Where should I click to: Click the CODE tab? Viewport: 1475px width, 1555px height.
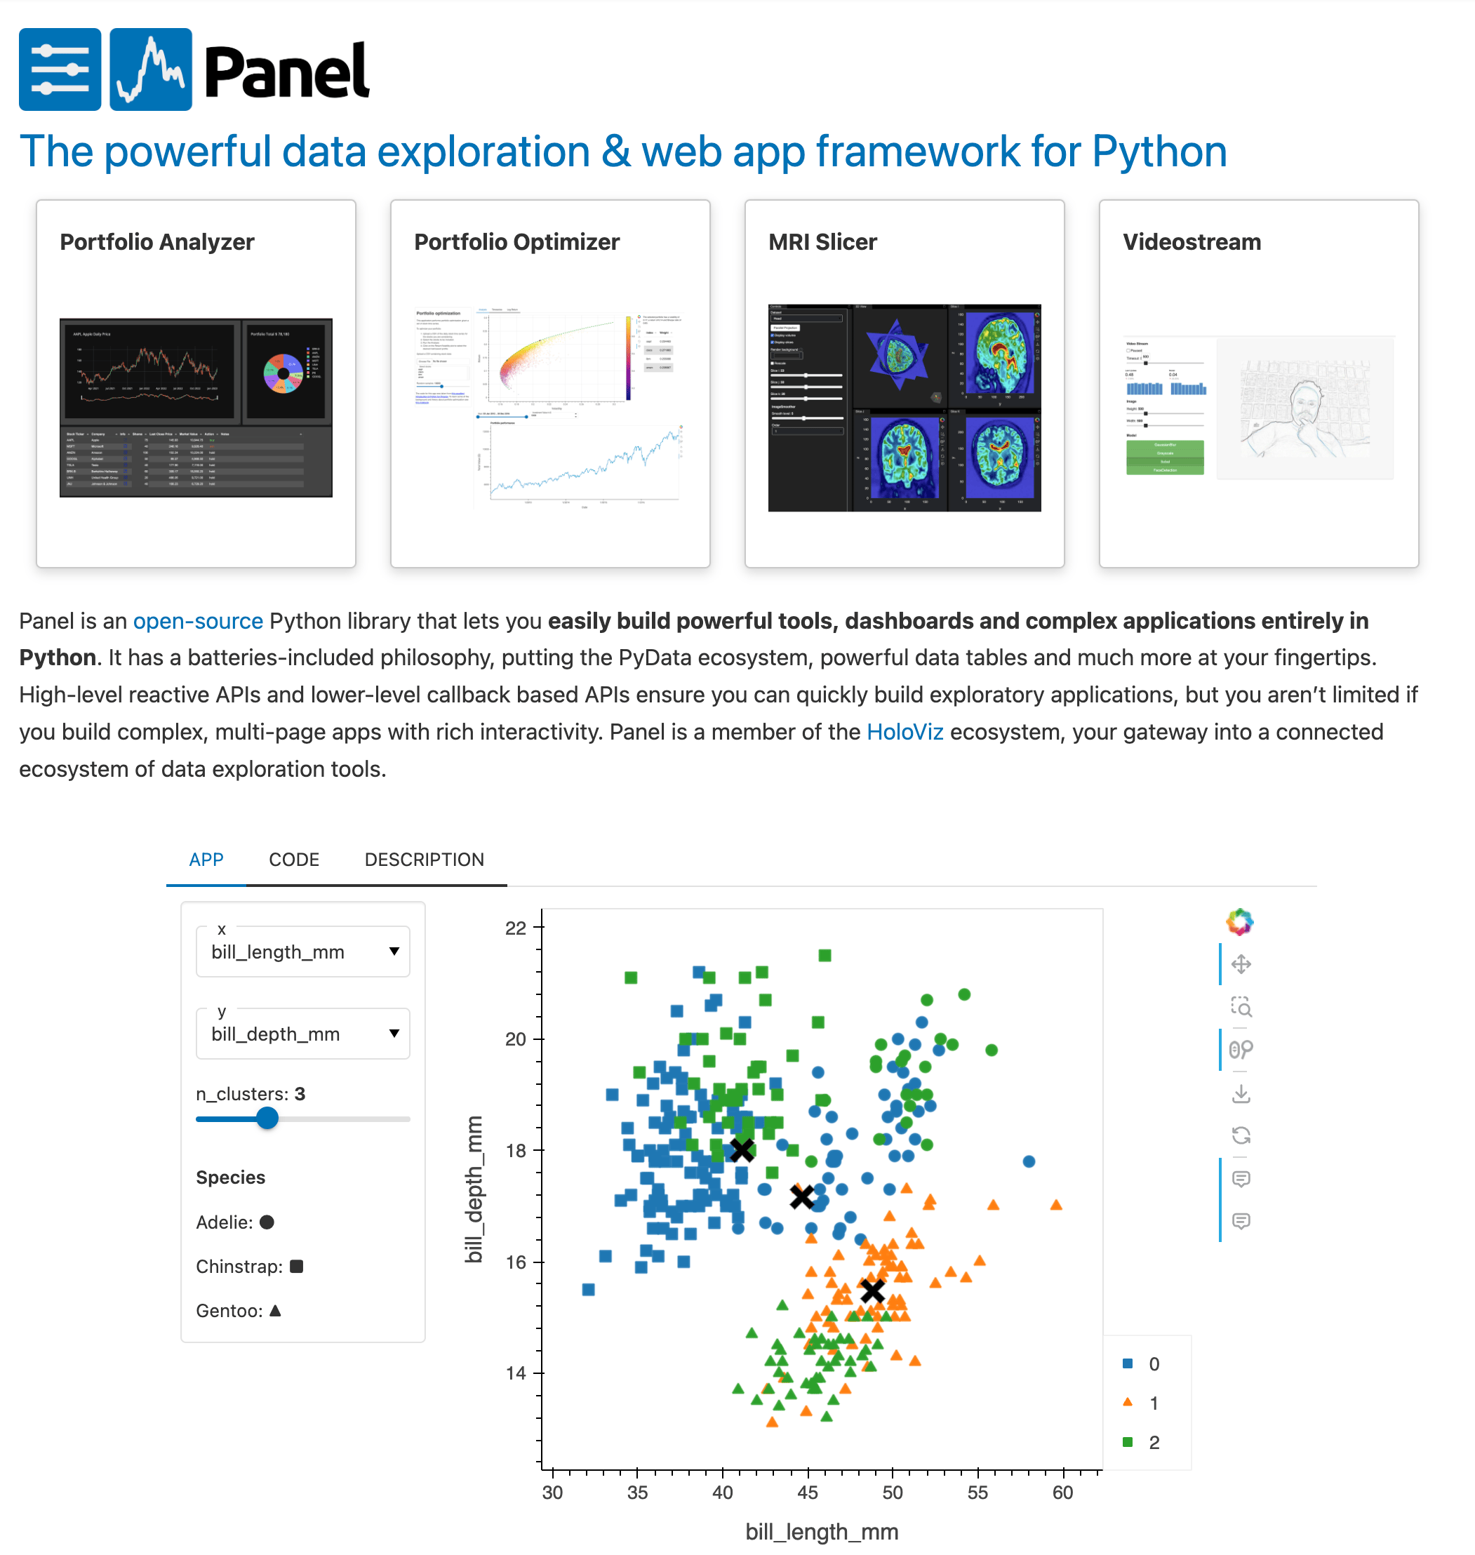tap(293, 860)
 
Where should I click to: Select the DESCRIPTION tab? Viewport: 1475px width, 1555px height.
tap(424, 860)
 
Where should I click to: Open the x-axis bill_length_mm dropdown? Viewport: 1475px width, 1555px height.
tap(302, 952)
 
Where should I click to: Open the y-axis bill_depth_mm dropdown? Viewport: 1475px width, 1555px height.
tap(302, 1033)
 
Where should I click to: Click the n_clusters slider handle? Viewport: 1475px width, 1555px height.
tap(267, 1118)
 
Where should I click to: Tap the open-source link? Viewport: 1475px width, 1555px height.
tap(197, 621)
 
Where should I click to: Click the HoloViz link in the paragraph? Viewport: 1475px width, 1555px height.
tap(905, 732)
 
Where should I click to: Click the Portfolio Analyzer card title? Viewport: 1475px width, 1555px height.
tap(157, 242)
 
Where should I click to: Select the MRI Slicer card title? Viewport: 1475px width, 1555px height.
tap(822, 242)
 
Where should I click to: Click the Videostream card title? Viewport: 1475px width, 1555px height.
tap(1192, 242)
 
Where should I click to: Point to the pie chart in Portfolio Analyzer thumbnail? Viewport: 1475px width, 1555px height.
tap(283, 373)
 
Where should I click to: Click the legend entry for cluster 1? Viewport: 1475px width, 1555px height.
tap(1153, 1403)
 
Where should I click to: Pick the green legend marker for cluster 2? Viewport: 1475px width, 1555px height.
tap(1128, 1443)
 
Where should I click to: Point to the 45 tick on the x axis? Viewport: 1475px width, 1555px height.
tap(808, 1492)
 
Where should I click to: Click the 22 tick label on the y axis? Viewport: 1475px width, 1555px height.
tap(516, 928)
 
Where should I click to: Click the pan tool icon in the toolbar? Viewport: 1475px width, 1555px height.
tap(1241, 965)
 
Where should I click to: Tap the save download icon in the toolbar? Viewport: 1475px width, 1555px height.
tap(1241, 1093)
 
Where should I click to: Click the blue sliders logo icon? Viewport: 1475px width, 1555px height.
tap(60, 69)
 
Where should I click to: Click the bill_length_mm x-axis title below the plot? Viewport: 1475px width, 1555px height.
tap(822, 1531)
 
